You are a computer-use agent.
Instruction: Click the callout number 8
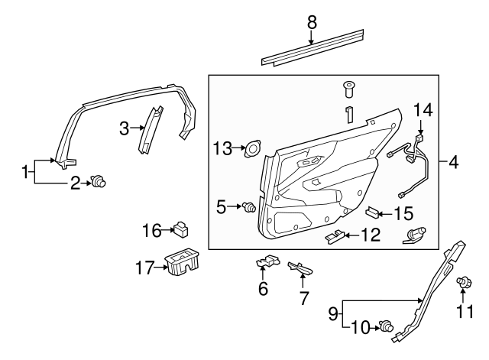pyautogui.click(x=312, y=23)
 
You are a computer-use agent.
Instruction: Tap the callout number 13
pyautogui.click(x=222, y=148)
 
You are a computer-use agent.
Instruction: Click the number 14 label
pyautogui.click(x=424, y=112)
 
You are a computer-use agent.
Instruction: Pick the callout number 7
pyautogui.click(x=303, y=297)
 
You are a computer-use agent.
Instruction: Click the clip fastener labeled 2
pyautogui.click(x=99, y=181)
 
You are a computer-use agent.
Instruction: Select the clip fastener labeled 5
pyautogui.click(x=249, y=206)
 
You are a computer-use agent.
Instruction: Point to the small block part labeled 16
pyautogui.click(x=181, y=229)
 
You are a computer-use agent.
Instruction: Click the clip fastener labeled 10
pyautogui.click(x=386, y=327)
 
